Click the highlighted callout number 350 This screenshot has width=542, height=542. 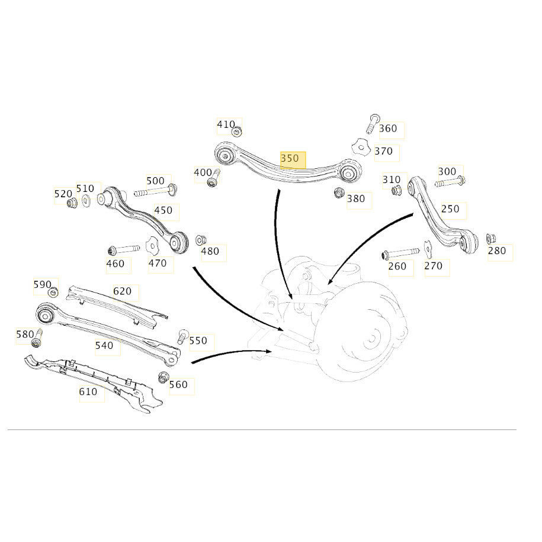[289, 158]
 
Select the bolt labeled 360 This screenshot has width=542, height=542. [372, 123]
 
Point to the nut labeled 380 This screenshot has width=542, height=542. [339, 193]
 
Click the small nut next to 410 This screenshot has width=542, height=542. [237, 132]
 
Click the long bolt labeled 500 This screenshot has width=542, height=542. [156, 191]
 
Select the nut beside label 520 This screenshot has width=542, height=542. [72, 203]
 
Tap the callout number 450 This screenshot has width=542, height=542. [163, 210]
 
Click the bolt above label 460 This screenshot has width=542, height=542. [124, 249]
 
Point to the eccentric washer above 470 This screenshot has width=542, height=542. [152, 245]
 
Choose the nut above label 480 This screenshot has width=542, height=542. [200, 240]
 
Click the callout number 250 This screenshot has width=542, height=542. [450, 209]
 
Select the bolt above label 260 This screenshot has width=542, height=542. [400, 254]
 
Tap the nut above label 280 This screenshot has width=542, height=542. [491, 239]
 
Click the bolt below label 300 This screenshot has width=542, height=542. [450, 181]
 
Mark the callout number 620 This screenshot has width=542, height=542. [123, 291]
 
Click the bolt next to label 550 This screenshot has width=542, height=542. [182, 336]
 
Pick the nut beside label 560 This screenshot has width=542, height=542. [162, 377]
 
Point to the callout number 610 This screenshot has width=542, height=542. [88, 392]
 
